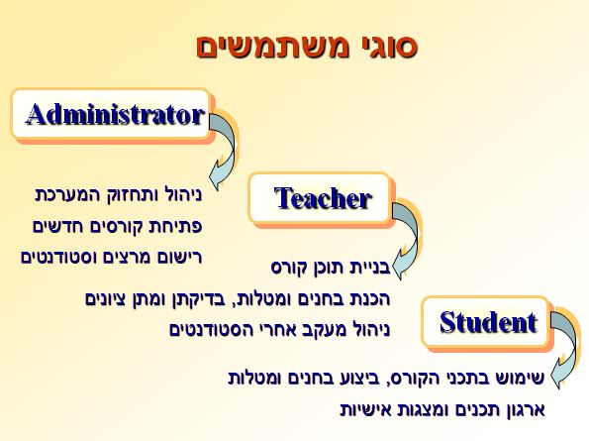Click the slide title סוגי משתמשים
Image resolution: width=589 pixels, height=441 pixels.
pyautogui.click(x=307, y=47)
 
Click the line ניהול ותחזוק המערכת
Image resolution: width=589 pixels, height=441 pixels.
pyautogui.click(x=119, y=195)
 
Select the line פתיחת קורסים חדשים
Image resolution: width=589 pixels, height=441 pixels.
pyautogui.click(x=118, y=226)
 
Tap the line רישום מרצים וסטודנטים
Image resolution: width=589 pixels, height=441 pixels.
pyautogui.click(x=112, y=257)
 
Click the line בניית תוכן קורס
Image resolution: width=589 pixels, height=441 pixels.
pyautogui.click(x=331, y=268)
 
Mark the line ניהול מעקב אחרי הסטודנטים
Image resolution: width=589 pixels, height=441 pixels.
pyautogui.click(x=280, y=330)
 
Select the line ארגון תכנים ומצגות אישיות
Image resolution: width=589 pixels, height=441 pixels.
pyautogui.click(x=442, y=409)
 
